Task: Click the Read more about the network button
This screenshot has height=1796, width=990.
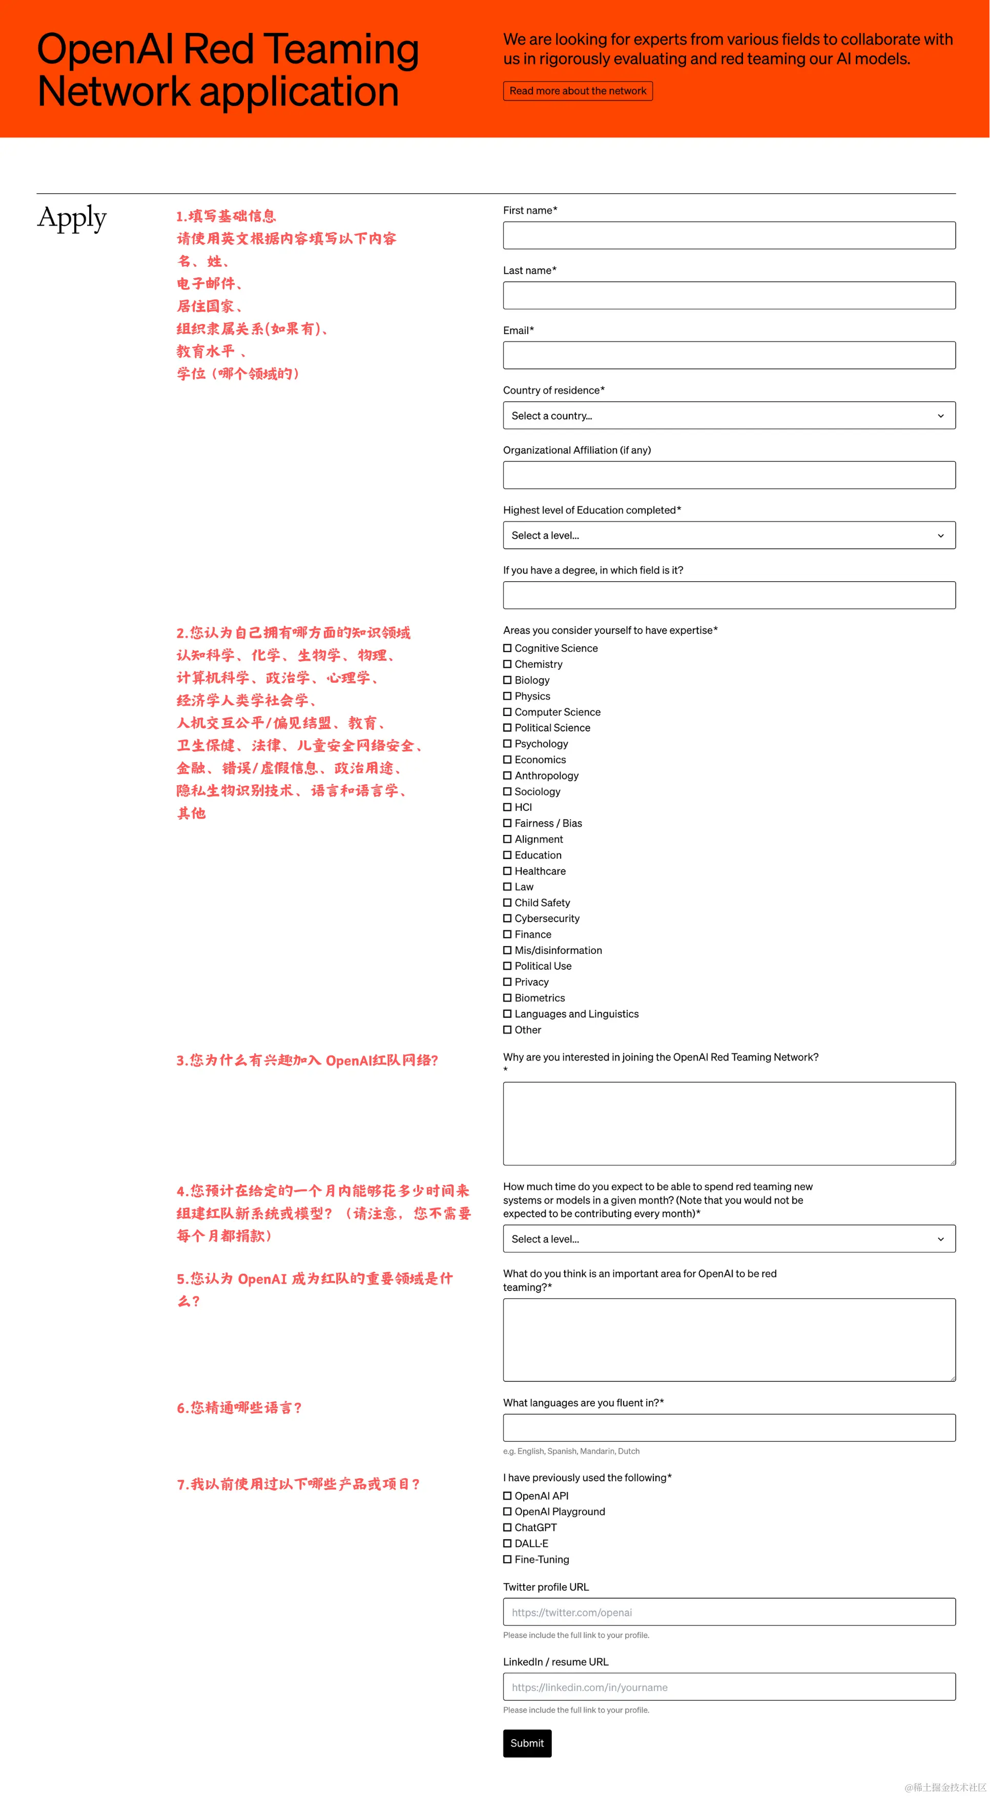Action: point(577,91)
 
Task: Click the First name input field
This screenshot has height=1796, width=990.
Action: point(729,236)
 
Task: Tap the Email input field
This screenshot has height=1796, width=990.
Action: point(729,356)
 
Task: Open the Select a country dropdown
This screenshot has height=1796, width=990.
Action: point(729,416)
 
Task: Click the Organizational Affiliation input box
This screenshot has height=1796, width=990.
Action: point(729,476)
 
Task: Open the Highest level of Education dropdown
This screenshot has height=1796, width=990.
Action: point(729,536)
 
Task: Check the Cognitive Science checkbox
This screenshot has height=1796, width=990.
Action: point(507,648)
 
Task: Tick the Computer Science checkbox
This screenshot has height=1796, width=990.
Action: point(507,712)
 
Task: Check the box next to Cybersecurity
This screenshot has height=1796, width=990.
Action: point(507,918)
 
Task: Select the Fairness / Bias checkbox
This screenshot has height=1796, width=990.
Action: point(507,823)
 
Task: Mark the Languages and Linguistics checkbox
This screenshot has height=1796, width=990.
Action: point(507,1014)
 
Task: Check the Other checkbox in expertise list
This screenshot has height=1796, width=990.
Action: point(507,1030)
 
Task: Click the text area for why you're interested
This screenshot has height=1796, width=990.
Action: point(729,1123)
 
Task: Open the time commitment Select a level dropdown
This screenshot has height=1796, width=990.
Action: point(729,1239)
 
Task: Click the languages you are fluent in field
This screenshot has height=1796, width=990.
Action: point(729,1428)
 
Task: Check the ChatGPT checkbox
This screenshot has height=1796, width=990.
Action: point(507,1527)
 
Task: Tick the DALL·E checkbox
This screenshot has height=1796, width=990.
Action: point(507,1544)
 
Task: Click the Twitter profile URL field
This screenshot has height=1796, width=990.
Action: point(729,1612)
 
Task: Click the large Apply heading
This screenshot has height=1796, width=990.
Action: point(72,218)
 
